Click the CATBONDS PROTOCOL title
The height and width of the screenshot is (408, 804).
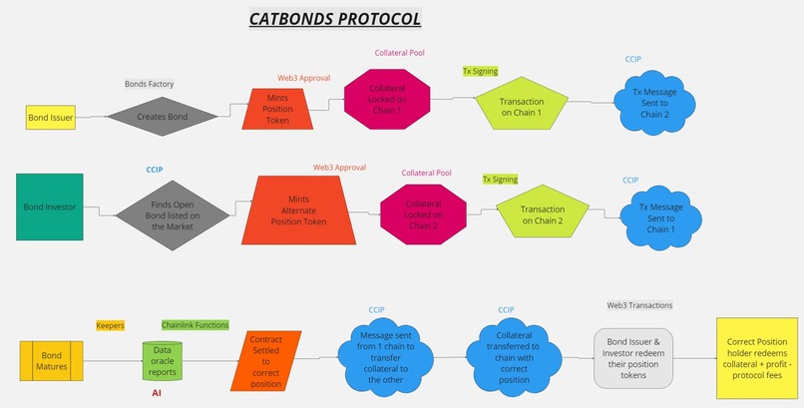[x=333, y=18]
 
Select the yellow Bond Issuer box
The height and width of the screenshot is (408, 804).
[x=51, y=118]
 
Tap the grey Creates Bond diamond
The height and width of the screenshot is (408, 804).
[x=162, y=117]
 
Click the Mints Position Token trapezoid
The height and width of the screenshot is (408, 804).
[x=278, y=110]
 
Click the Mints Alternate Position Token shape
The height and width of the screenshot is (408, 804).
[x=306, y=210]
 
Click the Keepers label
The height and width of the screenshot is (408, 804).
[x=110, y=325]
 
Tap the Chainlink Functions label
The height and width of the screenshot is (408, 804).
[x=195, y=325]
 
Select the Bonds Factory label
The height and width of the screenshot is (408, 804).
[x=149, y=84]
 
